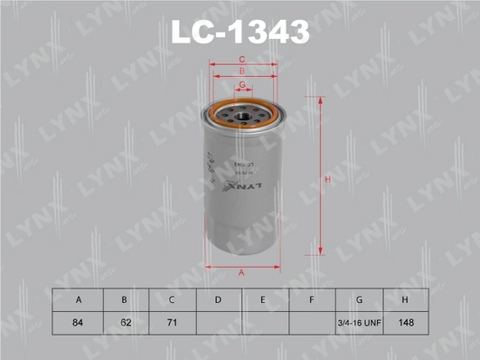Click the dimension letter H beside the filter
[x=328, y=180]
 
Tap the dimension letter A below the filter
[x=241, y=273]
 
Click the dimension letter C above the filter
[x=241, y=60]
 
